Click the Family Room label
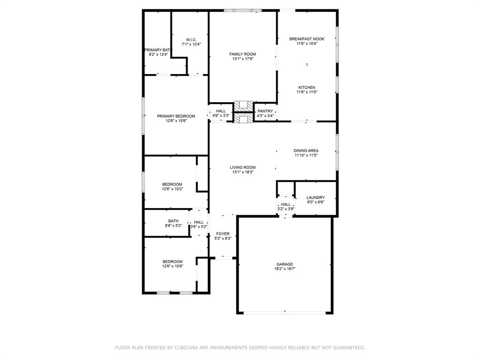pos(242,54)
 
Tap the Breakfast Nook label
pos(307,39)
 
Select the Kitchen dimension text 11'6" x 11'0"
pos(307,92)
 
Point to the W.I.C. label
pos(191,40)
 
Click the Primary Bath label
pos(158,50)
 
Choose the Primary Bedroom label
pos(176,116)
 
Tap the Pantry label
pos(265,111)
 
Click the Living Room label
pos(242,167)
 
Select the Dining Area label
pos(306,151)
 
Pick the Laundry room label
pos(315,198)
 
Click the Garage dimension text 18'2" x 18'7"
pos(285,269)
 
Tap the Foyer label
pos(223,233)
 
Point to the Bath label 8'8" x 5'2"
pos(173,221)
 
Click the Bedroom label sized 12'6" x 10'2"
pos(172,184)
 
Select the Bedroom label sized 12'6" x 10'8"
pos(172,262)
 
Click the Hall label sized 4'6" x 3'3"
pos(221,111)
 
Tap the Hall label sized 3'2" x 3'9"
pos(285,204)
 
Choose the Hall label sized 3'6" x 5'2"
pos(199,222)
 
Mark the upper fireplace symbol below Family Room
pos(243,105)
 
